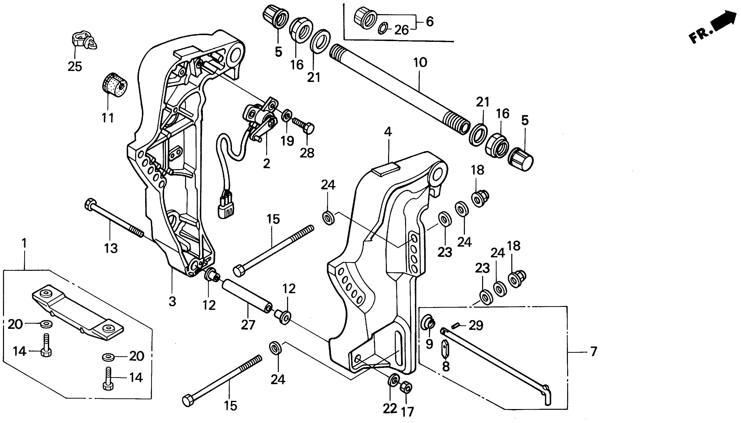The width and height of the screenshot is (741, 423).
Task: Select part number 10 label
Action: pos(420,63)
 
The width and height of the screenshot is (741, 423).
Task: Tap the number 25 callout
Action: pos(75,67)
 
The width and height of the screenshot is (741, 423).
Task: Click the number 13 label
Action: pos(111,248)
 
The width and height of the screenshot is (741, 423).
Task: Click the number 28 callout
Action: pos(307,153)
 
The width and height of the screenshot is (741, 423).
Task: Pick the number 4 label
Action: pos(388,132)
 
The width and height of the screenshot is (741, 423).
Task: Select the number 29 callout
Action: pos(476,326)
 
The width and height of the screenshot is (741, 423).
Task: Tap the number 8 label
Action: pos(446,367)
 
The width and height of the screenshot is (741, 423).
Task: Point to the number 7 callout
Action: pos(594,352)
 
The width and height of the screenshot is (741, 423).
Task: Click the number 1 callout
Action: pos(24,243)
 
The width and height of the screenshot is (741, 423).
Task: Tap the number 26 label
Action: pos(401,30)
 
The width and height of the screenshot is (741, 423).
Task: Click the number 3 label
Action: pos(172,302)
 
